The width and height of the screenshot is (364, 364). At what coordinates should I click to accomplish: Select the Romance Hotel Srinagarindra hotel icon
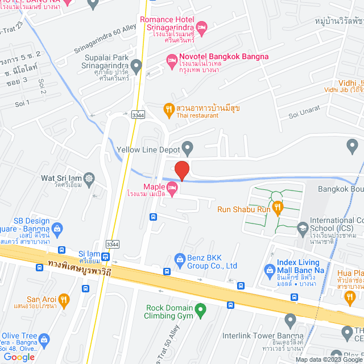pos(201,26)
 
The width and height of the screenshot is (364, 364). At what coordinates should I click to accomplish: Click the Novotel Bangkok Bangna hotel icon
pos(171,60)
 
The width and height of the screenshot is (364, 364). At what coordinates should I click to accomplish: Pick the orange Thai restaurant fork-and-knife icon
pos(168,108)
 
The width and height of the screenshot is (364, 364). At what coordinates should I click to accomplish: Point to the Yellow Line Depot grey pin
pos(187,150)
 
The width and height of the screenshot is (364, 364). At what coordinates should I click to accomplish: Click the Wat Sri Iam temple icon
pos(89,179)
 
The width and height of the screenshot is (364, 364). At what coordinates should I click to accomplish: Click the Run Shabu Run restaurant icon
pos(278,208)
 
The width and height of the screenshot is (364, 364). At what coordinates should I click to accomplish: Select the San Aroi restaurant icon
pos(64,299)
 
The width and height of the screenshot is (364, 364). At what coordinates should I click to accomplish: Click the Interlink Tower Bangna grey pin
pos(290,321)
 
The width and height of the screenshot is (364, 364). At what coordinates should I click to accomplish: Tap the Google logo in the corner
pos(18,357)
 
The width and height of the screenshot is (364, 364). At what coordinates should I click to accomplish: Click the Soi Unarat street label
pos(304,111)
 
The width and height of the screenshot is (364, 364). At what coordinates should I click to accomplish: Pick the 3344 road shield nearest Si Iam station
pos(113,244)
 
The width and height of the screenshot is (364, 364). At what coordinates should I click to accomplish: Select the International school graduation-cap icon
pos(302,229)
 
